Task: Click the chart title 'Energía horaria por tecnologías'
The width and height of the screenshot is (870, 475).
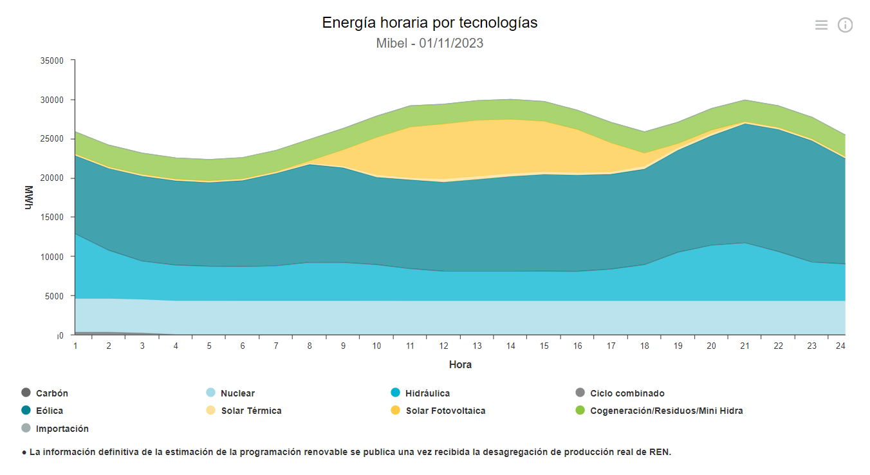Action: (x=429, y=23)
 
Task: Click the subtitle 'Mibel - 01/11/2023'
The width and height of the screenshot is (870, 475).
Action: (x=429, y=44)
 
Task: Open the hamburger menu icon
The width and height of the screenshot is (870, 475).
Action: (x=821, y=25)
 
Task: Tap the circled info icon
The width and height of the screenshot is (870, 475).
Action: (x=845, y=25)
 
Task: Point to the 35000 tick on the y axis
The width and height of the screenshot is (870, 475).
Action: (x=52, y=61)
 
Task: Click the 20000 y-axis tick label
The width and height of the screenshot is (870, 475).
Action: (x=52, y=178)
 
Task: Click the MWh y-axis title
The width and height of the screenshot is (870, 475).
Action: (x=28, y=198)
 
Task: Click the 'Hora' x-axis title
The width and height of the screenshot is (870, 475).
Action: (x=460, y=365)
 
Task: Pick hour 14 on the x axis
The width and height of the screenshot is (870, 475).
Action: (x=511, y=346)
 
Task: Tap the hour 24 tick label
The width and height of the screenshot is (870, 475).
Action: (x=840, y=346)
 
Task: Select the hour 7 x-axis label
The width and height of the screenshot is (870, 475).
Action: (x=276, y=346)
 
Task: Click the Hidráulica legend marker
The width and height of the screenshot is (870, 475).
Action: (x=396, y=393)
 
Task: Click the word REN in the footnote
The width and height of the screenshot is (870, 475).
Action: (x=659, y=452)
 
